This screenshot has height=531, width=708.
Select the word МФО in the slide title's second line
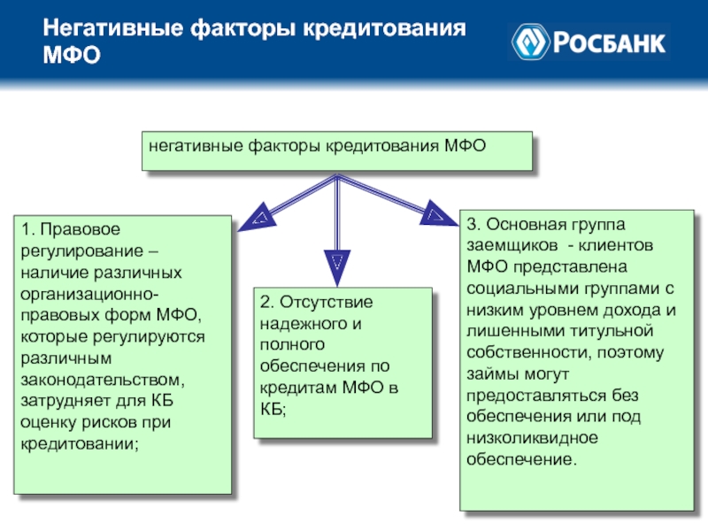coord(71,56)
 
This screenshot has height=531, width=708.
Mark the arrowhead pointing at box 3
coord(433,213)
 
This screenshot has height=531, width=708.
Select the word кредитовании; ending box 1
coord(79,442)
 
